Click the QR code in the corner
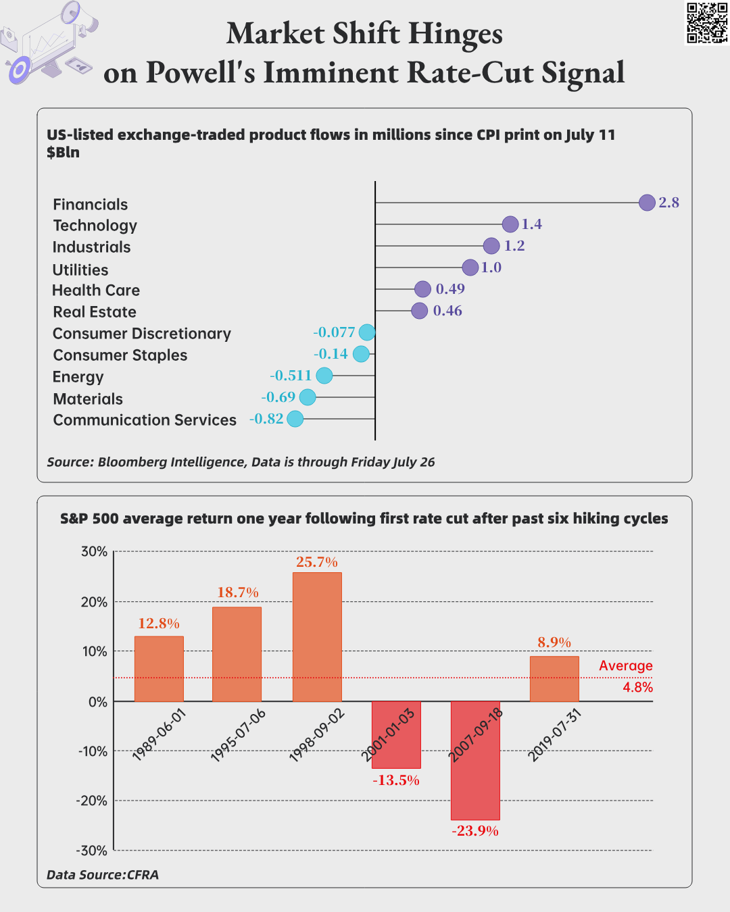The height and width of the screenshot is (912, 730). (x=707, y=23)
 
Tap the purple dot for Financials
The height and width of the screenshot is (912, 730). (x=647, y=202)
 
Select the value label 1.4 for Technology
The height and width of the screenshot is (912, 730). (x=532, y=224)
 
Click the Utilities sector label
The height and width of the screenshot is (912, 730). (x=80, y=270)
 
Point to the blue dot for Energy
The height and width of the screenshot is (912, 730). (x=324, y=376)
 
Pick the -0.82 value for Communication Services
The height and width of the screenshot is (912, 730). (x=266, y=419)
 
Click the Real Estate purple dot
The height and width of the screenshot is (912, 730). (x=420, y=311)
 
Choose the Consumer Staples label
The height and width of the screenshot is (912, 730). (x=120, y=355)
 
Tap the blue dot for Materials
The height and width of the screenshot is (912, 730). (x=308, y=397)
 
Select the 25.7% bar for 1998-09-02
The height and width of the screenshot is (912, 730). (x=317, y=636)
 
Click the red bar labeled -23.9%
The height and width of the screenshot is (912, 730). (x=475, y=760)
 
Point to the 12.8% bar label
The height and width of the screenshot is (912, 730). (x=159, y=623)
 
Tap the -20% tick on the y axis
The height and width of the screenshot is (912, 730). (x=93, y=801)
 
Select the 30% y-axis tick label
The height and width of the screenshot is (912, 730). (x=95, y=551)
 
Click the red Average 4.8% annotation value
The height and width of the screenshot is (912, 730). (x=637, y=687)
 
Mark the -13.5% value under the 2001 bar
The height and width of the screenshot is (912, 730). (x=396, y=780)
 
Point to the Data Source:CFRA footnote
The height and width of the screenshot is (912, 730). (x=103, y=875)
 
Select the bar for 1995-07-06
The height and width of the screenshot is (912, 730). (x=237, y=654)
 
